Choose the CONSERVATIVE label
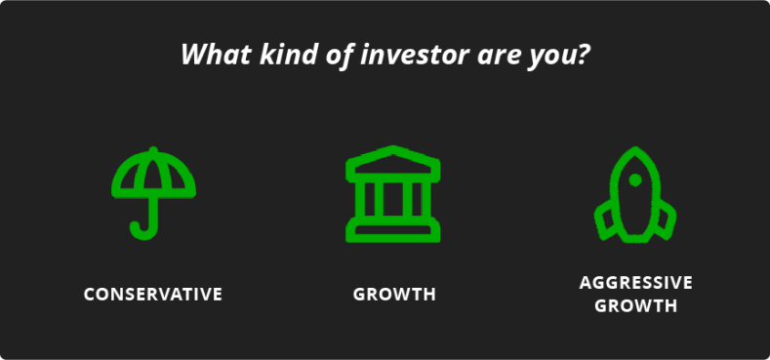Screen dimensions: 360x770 (x=153, y=294)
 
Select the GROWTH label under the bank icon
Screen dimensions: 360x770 (x=394, y=294)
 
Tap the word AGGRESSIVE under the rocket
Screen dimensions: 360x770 (x=635, y=283)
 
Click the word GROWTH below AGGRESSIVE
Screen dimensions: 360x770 (x=635, y=305)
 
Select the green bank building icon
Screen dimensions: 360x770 (x=393, y=194)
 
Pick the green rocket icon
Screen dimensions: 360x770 (x=635, y=194)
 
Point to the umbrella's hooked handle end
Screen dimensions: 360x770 (x=138, y=230)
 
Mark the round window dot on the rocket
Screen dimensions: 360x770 (x=635, y=180)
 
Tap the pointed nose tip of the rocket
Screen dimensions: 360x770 (x=635, y=151)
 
